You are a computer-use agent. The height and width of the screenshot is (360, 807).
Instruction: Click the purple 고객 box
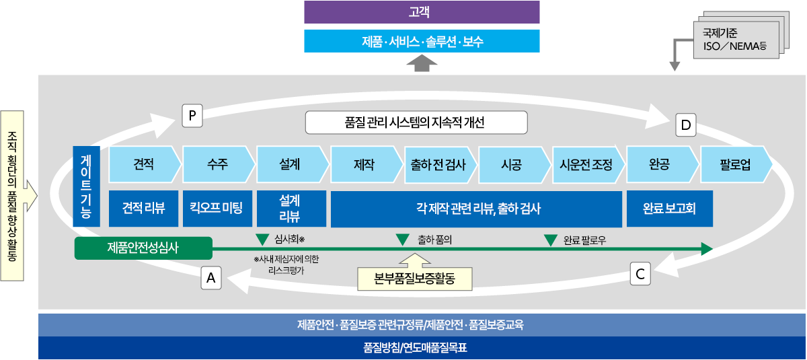click(x=422, y=12)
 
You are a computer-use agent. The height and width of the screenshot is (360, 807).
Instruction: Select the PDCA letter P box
click(x=192, y=116)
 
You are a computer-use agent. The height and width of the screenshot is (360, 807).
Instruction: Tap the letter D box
click(x=685, y=125)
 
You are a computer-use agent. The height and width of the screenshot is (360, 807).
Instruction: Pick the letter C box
click(x=640, y=274)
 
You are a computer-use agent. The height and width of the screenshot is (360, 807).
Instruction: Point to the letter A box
click(x=211, y=278)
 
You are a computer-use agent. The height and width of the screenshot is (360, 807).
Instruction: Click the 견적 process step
click(x=145, y=164)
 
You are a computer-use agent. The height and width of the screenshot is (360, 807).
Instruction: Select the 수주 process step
click(x=219, y=164)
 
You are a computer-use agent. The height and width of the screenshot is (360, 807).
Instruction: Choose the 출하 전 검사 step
click(x=440, y=165)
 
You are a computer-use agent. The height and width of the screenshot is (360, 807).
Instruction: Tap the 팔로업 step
click(x=736, y=164)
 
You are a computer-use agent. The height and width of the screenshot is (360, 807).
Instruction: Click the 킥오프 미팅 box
click(x=217, y=209)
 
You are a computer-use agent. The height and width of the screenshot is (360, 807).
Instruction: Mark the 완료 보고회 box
click(x=670, y=209)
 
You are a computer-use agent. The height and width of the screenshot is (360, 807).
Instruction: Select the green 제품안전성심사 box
click(x=143, y=248)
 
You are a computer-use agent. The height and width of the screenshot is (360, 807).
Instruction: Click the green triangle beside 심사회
click(x=262, y=240)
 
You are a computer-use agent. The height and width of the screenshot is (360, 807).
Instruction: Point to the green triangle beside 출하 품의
click(x=402, y=240)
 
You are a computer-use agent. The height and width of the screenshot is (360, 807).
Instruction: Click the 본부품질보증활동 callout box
click(x=415, y=279)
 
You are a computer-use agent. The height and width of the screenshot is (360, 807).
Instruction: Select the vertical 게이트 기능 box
click(x=87, y=186)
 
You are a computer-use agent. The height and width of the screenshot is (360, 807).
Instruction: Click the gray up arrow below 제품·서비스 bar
click(x=422, y=63)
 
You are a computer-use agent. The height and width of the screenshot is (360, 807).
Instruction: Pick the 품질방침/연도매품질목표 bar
click(x=422, y=348)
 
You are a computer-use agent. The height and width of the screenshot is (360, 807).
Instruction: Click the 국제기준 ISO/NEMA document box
click(x=736, y=40)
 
